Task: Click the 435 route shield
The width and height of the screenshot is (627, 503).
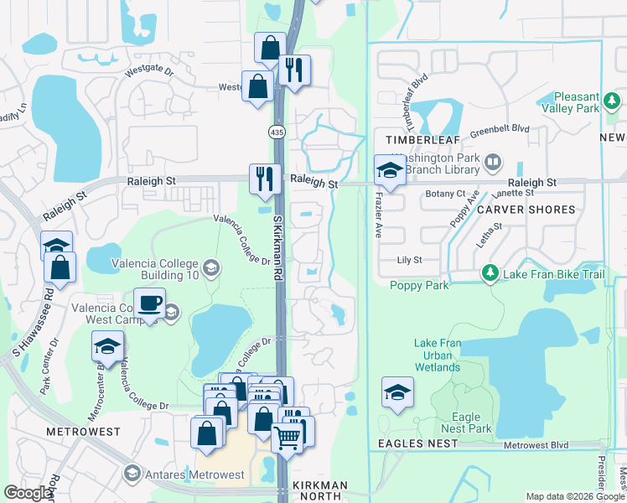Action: click(276, 132)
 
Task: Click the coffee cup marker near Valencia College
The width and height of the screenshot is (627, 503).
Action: click(149, 303)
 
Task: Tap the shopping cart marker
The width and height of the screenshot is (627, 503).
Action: click(288, 436)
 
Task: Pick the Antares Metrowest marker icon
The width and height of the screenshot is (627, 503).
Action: click(132, 474)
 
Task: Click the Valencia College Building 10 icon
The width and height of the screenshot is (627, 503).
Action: click(211, 268)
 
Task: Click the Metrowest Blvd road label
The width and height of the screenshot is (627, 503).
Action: click(536, 444)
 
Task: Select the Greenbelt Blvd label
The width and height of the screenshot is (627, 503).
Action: click(500, 128)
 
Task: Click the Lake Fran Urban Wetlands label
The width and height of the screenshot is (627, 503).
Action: click(438, 355)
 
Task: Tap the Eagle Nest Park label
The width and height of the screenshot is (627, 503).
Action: click(466, 423)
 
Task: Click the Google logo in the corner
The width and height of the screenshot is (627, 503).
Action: click(28, 493)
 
